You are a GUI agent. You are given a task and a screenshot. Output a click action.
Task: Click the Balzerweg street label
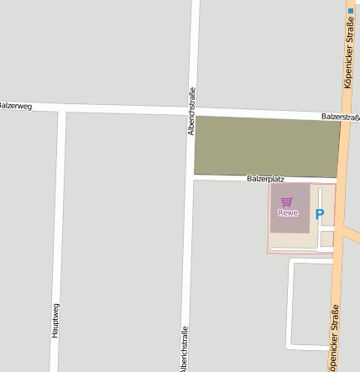click(14, 107)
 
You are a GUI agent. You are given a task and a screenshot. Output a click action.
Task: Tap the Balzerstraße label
click(340, 117)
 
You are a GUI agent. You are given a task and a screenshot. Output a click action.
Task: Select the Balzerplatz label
click(265, 179)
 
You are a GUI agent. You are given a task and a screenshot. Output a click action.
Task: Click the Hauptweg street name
click(55, 320)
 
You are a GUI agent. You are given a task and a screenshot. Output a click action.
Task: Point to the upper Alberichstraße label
click(191, 111)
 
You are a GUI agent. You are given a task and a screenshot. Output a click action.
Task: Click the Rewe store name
click(288, 212)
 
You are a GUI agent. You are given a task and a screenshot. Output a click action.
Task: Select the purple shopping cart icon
click(288, 202)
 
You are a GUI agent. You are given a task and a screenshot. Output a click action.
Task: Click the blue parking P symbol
click(319, 214)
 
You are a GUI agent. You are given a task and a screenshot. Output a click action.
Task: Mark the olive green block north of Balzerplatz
click(267, 146)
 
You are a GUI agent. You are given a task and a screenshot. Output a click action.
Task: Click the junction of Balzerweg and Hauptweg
click(62, 109)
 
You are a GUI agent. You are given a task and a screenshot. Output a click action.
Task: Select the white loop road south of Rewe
click(290, 302)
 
